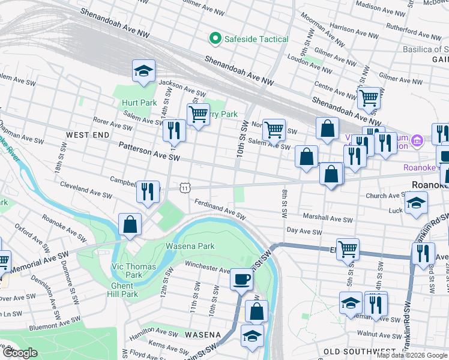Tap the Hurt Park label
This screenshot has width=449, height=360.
[139, 103]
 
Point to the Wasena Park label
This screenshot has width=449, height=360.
[190, 246]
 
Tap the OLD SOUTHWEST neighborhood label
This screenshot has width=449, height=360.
[358, 351]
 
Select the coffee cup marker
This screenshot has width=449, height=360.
[242, 279]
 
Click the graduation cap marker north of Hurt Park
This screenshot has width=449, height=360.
[143, 71]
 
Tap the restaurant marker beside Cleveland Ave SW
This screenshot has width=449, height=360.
[148, 191]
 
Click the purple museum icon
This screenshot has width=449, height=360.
[418, 141]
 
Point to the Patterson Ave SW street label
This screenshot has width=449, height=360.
[149, 151]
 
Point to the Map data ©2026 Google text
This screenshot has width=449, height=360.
[411, 355]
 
